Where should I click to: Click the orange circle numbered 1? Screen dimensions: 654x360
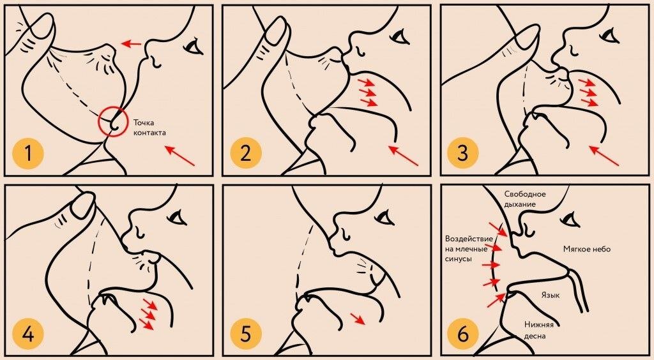28,153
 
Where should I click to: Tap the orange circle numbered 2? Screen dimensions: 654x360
245,153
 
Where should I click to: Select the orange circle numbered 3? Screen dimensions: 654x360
462,153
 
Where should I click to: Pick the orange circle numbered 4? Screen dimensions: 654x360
28,334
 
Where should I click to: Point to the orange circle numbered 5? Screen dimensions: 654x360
245,334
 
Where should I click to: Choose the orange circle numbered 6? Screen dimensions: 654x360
462,334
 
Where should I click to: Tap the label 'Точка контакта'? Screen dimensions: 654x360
149,128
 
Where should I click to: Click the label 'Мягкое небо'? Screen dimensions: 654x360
587,249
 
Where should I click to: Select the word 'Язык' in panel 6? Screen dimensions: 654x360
551,295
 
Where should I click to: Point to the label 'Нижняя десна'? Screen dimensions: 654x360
539,331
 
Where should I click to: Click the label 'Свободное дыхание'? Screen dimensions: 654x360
525,199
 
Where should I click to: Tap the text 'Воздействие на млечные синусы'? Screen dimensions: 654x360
466,249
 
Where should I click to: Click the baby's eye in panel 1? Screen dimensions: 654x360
193,46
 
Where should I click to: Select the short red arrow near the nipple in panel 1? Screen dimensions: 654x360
132,43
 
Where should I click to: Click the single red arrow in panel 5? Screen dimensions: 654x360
358,319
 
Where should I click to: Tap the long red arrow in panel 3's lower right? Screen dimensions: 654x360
604,155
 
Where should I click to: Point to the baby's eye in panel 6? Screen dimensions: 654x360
572,218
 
